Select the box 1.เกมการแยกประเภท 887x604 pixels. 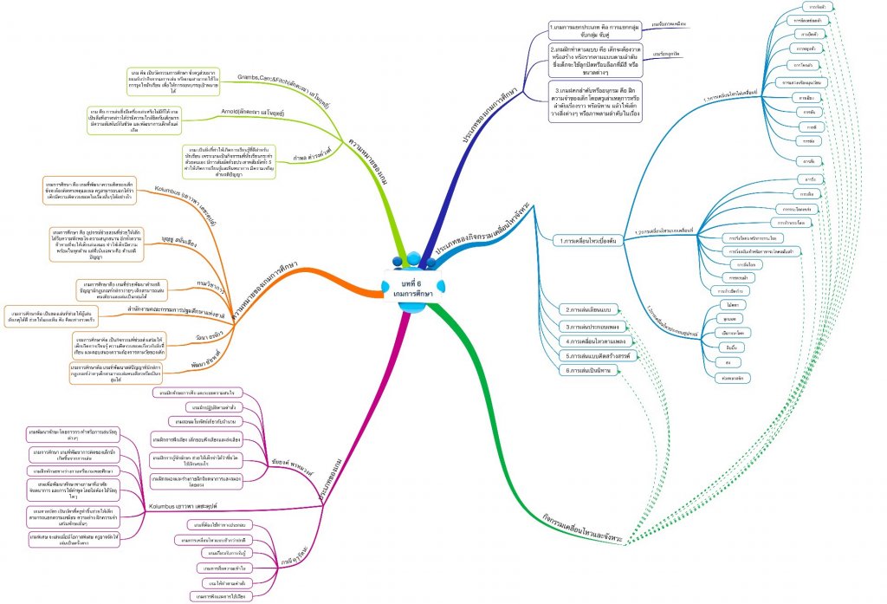click(594, 29)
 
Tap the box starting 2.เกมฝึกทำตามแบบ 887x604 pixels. click(594, 59)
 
